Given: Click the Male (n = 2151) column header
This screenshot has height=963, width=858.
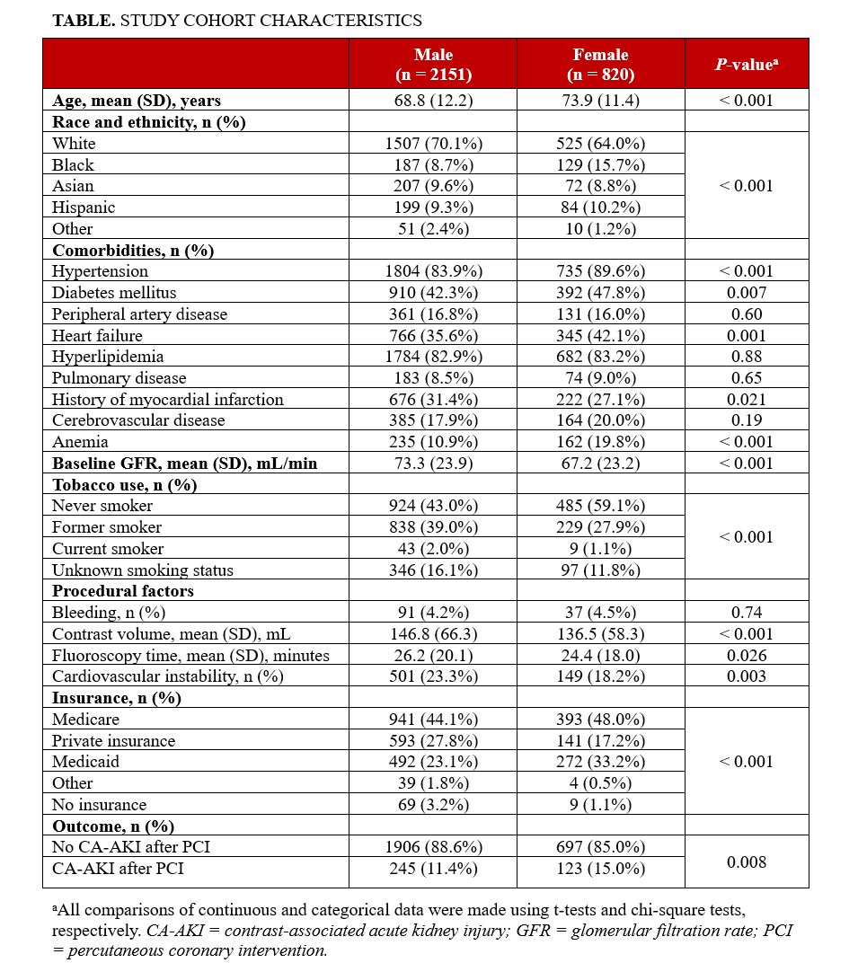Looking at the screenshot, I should (433, 64).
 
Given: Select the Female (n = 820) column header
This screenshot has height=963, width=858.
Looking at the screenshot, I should (600, 64).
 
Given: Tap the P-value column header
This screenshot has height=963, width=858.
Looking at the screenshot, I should (746, 65).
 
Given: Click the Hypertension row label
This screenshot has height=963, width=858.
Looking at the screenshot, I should (100, 271).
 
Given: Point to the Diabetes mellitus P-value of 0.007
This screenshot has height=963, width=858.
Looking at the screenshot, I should (746, 293).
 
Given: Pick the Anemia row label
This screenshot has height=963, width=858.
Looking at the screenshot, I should (80, 442).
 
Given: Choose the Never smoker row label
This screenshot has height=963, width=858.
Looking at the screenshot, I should (102, 506).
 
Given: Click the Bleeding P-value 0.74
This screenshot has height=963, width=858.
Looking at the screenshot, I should (746, 613).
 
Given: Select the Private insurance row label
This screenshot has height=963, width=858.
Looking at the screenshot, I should (113, 741).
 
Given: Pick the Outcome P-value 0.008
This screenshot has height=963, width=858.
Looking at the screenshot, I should (746, 862).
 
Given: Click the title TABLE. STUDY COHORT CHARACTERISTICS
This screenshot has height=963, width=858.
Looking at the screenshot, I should (237, 20).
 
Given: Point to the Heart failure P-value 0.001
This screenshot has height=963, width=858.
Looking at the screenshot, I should (746, 336).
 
